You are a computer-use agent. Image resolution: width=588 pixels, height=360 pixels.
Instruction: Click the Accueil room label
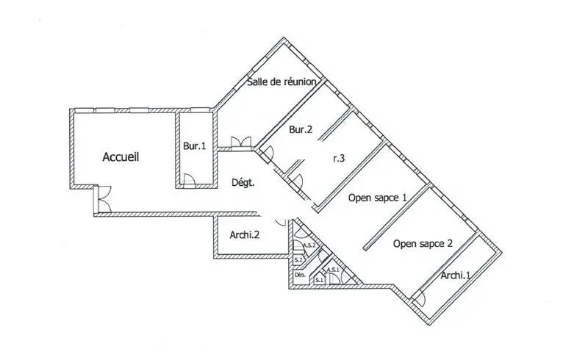click(121, 156)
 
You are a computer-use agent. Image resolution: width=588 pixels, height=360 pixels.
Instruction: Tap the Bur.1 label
click(194, 146)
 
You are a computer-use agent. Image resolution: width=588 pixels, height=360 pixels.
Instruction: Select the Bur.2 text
click(301, 130)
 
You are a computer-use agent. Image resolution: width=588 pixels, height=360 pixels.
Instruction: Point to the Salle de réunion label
click(282, 82)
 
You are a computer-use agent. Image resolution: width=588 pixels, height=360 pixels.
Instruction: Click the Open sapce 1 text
click(378, 197)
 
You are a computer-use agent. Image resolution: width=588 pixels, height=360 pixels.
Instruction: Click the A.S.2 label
click(310, 245)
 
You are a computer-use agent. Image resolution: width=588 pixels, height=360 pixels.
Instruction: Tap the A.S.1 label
click(332, 270)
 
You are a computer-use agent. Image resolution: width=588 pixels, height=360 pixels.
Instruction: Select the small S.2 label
click(298, 260)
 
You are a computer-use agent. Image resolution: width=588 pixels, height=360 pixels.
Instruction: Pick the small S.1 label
click(319, 280)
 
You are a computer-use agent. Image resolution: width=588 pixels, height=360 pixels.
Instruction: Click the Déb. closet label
click(300, 277)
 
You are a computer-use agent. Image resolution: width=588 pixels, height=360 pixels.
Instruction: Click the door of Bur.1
click(189, 179)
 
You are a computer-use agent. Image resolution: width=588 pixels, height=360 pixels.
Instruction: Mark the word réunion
click(300, 82)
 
